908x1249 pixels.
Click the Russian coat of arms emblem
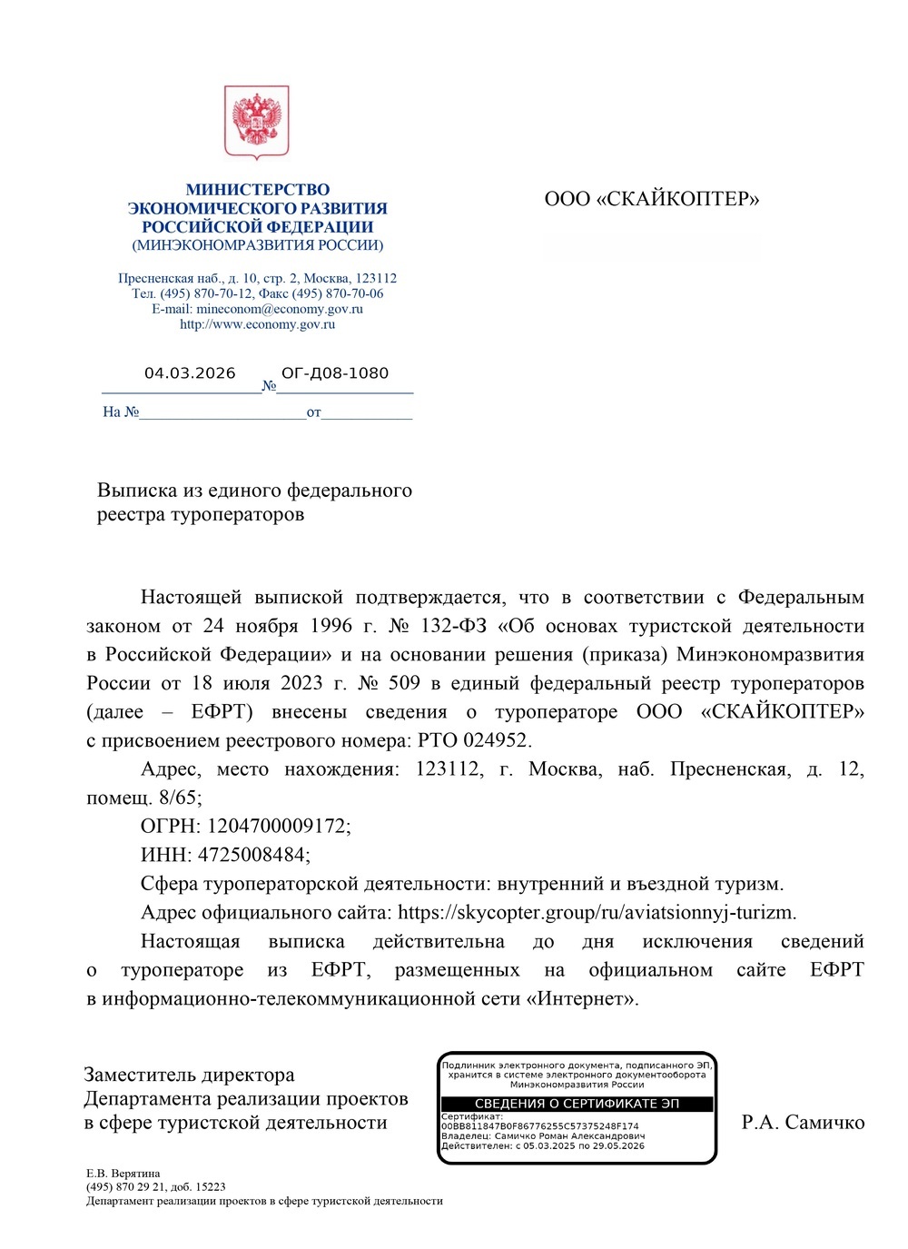[x=257, y=122]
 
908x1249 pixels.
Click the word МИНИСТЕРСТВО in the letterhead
[x=258, y=190]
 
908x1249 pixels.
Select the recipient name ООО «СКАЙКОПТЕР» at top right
[x=651, y=199]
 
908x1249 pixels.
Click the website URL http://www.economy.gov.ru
[x=257, y=324]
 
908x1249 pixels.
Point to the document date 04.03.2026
[x=190, y=373]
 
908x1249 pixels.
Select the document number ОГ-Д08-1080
[x=335, y=373]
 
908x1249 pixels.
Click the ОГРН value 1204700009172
[x=276, y=826]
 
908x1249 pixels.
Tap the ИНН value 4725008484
[x=252, y=855]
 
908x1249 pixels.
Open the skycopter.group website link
[x=596, y=912]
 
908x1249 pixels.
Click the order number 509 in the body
[x=404, y=683]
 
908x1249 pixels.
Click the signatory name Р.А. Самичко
[x=803, y=1123]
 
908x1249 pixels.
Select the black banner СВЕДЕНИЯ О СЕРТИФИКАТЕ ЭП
[x=577, y=1104]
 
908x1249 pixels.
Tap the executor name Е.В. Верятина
[x=123, y=1174]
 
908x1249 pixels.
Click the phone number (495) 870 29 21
[x=126, y=1186]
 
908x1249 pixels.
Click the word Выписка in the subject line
[x=137, y=491]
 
